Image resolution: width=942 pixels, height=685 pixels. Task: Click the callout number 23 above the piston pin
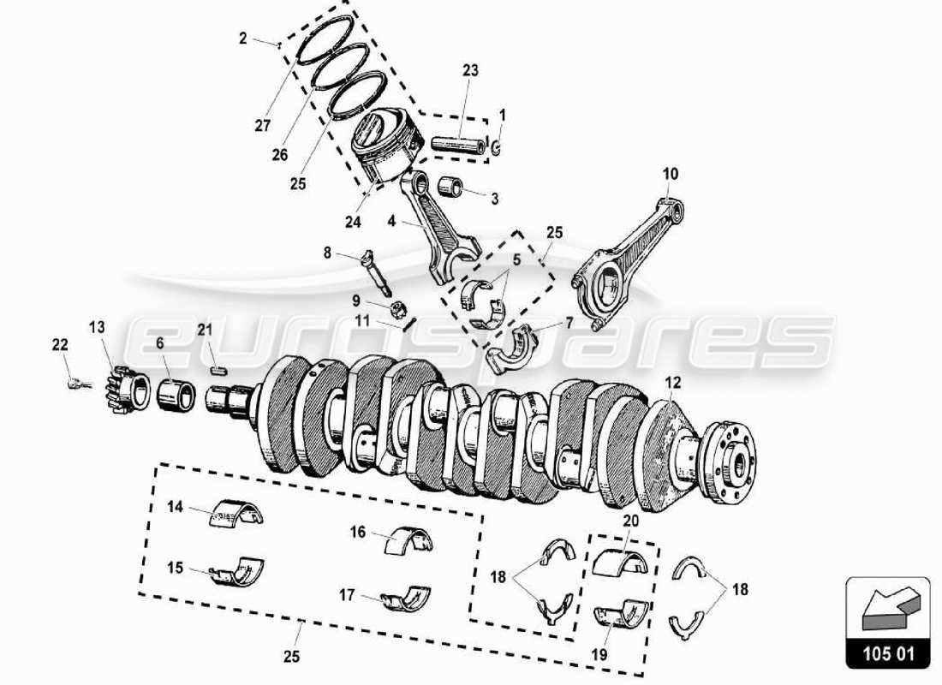[x=470, y=70]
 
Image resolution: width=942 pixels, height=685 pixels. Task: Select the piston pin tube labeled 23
[x=457, y=143]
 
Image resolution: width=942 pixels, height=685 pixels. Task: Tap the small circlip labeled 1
[x=498, y=147]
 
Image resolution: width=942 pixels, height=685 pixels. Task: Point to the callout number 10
[x=670, y=174]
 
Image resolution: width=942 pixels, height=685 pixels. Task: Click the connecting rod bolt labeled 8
[x=375, y=268]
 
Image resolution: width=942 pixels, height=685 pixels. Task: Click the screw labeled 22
[x=76, y=384]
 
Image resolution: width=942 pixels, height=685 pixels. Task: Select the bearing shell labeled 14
[x=236, y=512]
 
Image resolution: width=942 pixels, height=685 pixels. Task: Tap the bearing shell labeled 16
[x=410, y=539]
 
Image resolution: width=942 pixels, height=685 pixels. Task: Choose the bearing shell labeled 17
[x=407, y=598]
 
